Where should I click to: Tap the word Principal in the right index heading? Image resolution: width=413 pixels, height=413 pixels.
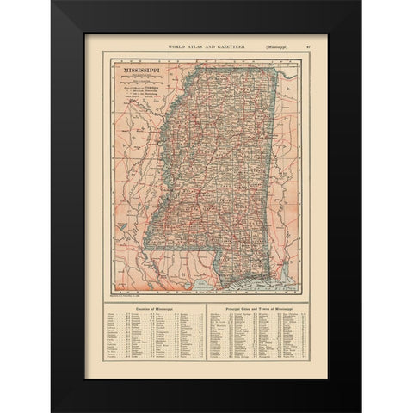point(234,306)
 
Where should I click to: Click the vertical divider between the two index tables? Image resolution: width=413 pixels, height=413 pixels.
point(207,340)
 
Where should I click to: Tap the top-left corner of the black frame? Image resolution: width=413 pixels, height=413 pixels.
point(52,3)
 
